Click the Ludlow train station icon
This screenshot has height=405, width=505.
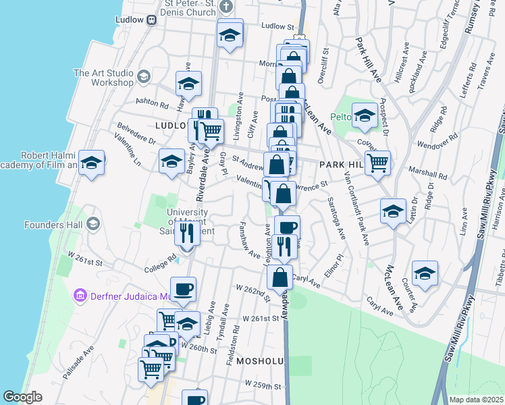pos(153,20)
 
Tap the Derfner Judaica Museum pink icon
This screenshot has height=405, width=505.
pos(80,296)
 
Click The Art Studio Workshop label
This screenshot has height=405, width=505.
pos(103,78)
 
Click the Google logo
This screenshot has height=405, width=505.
pos(22,397)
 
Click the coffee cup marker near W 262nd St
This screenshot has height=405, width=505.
pos(183,290)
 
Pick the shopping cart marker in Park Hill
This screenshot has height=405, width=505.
pos(378,162)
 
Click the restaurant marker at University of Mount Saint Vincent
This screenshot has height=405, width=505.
pos(187,234)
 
